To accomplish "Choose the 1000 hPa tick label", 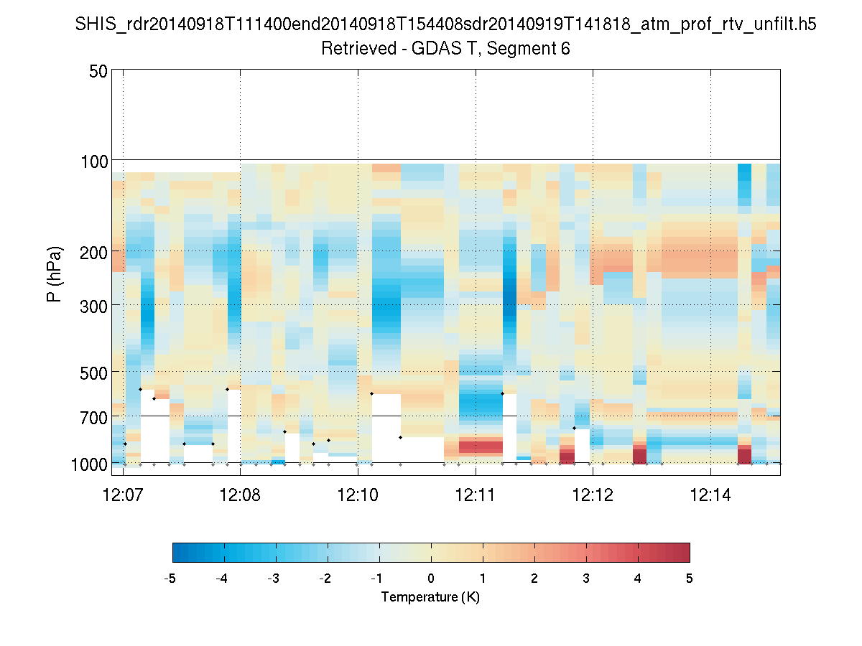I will [x=90, y=464].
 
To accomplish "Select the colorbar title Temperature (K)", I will [x=430, y=597].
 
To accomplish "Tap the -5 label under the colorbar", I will [x=170, y=579].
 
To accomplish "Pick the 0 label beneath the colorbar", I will [x=431, y=579].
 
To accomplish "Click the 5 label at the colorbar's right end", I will [x=690, y=579].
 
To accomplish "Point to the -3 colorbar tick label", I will [x=274, y=579].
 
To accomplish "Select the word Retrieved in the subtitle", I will [x=353, y=49].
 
